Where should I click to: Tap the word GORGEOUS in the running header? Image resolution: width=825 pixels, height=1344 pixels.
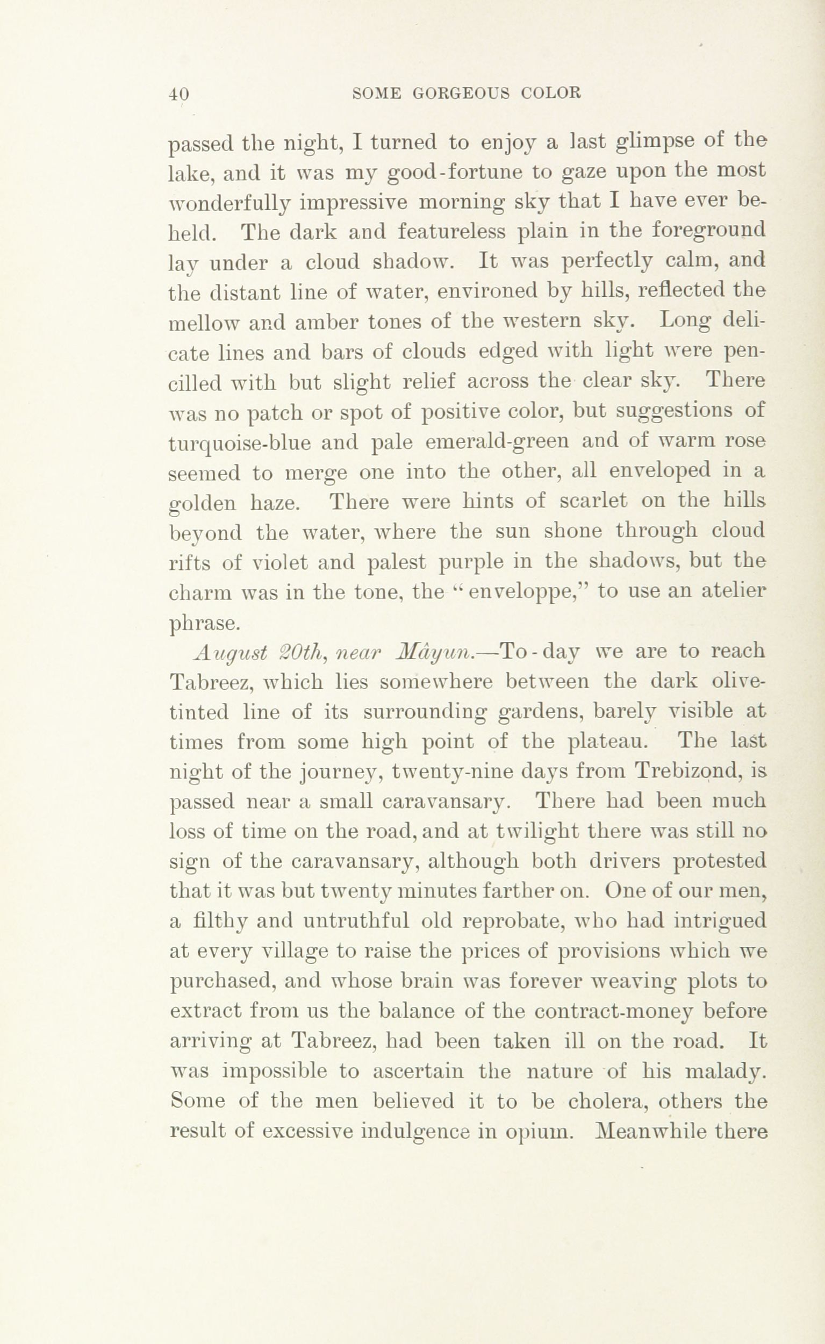click(461, 94)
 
